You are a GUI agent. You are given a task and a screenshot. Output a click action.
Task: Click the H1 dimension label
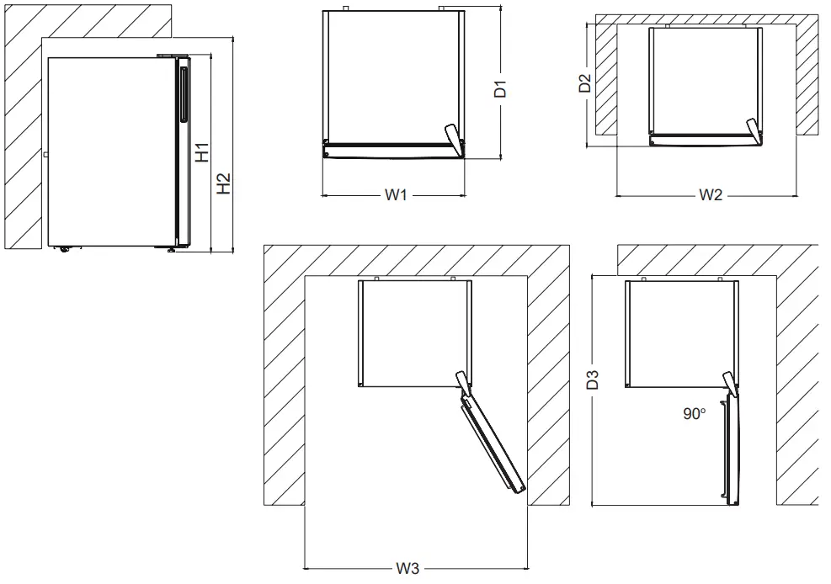click(x=202, y=152)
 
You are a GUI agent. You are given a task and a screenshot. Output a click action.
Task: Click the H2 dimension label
click(x=223, y=183)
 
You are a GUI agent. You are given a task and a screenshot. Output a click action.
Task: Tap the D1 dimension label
click(x=499, y=88)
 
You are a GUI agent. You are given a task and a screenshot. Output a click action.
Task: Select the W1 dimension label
click(x=396, y=195)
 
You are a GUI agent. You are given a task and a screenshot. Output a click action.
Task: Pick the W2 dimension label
click(x=711, y=195)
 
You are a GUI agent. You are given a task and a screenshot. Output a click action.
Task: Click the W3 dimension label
click(x=408, y=568)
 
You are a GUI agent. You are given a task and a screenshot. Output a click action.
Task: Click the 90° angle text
click(x=695, y=414)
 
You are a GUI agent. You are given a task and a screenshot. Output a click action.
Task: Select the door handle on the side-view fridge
click(x=183, y=93)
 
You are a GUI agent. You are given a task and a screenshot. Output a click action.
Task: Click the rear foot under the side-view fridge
click(x=63, y=248)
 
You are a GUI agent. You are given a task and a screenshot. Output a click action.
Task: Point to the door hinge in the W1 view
click(x=454, y=138)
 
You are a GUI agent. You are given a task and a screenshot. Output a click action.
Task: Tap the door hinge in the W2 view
click(x=753, y=129)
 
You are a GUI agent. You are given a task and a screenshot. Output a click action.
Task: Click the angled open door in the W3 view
click(x=492, y=446)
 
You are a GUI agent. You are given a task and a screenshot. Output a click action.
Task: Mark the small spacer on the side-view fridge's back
click(x=45, y=155)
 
